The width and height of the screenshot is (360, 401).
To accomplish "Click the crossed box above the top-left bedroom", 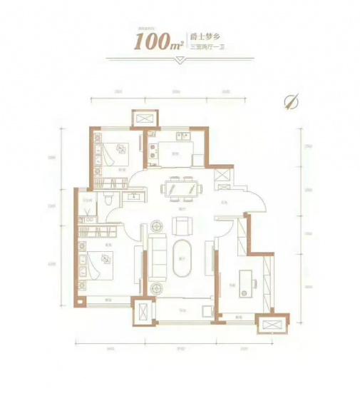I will point(139,118).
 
